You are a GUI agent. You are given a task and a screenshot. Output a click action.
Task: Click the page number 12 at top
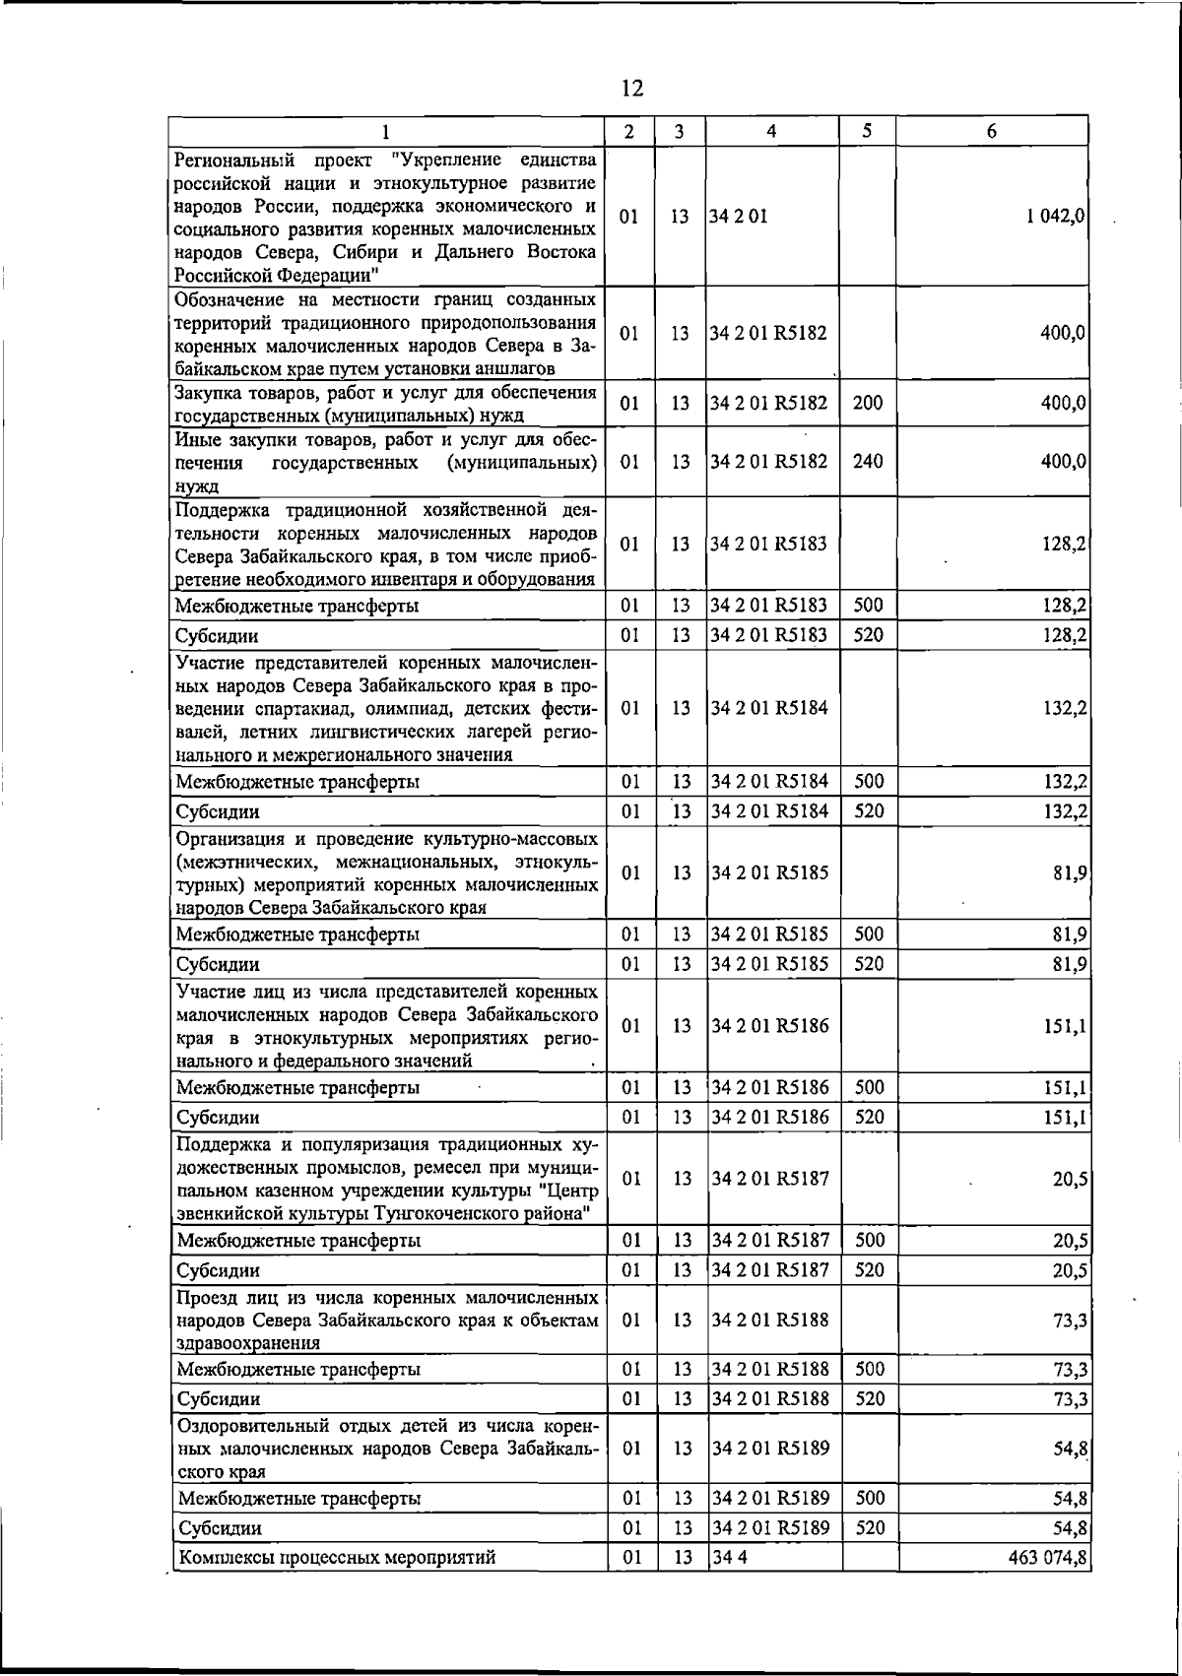click(x=632, y=89)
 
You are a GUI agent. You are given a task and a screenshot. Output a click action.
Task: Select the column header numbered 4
click(x=771, y=131)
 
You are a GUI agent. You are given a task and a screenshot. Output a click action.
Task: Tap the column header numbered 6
click(x=992, y=131)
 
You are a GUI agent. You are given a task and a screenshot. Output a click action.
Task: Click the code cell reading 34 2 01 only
click(x=739, y=217)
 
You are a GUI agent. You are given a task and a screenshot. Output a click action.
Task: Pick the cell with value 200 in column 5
click(x=867, y=403)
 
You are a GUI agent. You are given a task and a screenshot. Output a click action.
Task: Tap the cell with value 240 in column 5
click(x=867, y=461)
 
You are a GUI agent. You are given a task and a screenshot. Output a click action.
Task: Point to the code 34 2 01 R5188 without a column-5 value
click(x=769, y=1320)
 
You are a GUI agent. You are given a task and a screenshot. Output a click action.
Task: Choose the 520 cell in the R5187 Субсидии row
click(x=868, y=1270)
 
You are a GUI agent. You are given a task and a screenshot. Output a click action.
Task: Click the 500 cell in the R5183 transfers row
click(x=868, y=606)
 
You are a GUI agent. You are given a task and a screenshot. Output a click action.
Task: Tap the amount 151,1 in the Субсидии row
click(x=1067, y=1118)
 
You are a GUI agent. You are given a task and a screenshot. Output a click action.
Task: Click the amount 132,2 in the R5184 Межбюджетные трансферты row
click(x=1066, y=782)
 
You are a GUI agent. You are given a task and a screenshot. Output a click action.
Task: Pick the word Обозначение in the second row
click(x=230, y=298)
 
